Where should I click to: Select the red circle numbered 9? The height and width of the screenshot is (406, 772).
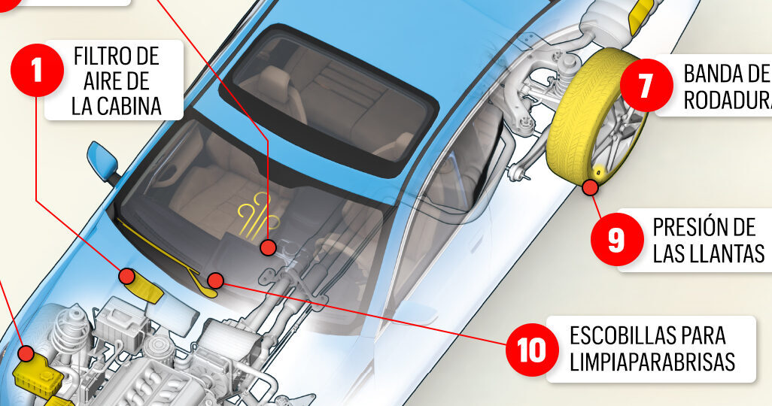616,239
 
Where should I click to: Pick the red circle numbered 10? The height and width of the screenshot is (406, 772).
531,349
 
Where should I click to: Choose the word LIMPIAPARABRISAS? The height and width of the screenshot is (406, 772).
652,362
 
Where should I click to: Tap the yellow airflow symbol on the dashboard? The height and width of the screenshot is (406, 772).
256,212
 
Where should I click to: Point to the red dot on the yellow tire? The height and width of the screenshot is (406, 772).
591,186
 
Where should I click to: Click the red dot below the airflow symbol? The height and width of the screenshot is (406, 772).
268,247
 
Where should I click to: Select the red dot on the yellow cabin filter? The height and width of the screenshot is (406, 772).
127,277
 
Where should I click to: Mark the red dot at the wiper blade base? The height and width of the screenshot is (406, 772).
216,281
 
